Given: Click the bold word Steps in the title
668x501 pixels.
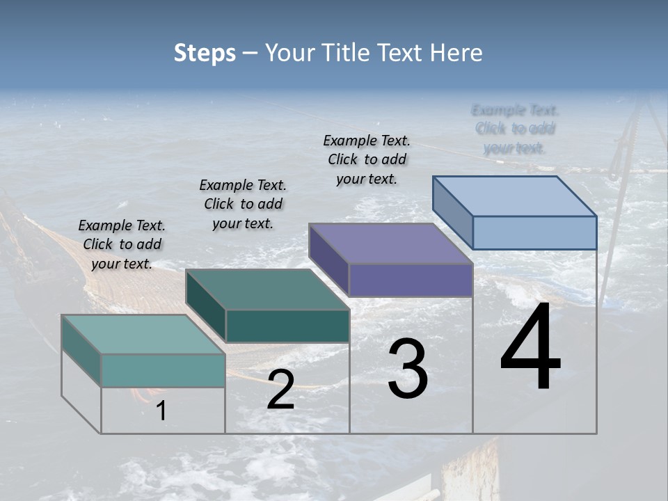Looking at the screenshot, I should [x=205, y=53].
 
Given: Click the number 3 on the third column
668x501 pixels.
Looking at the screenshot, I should [x=408, y=369].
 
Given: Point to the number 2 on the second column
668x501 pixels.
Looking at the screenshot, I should [x=280, y=390].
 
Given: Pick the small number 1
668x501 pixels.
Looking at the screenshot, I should [x=161, y=411].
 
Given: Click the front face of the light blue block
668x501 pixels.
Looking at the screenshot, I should [x=534, y=232].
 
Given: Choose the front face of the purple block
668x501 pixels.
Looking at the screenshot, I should [x=411, y=280].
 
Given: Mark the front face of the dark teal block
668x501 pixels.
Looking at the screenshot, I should [x=287, y=326].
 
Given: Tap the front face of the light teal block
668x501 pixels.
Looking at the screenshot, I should [x=163, y=370].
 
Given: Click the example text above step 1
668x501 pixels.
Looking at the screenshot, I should [x=122, y=244].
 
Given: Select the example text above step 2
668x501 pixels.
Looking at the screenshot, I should [x=243, y=204].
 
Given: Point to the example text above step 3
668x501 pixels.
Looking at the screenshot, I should [x=367, y=159].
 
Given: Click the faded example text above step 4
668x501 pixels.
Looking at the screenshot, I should [x=515, y=129].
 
